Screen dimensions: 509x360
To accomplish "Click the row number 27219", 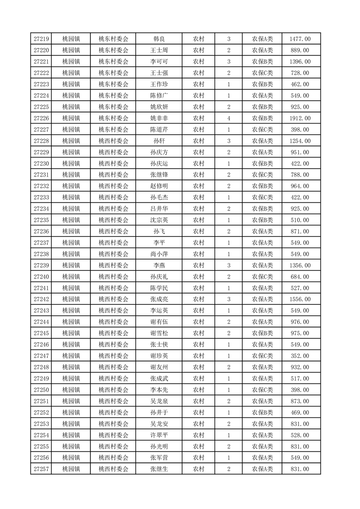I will point(41,39).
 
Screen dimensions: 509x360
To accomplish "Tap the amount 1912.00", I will point(300,118).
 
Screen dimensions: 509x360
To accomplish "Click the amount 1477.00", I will point(300,39).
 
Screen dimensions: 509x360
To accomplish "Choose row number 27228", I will point(41,141).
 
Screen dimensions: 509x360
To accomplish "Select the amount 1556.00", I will point(300,299).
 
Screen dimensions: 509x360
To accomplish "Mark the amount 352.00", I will point(300,356).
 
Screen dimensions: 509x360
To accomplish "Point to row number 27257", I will point(41,469).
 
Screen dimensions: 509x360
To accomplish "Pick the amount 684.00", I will point(300,277).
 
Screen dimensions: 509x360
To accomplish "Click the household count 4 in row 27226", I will point(228,118).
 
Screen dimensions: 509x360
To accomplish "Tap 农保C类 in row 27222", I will point(262,73).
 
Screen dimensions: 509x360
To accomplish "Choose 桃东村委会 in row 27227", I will point(113,130).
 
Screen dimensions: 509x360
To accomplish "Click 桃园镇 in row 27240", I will point(71,277).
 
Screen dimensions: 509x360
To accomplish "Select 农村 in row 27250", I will point(198,390).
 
